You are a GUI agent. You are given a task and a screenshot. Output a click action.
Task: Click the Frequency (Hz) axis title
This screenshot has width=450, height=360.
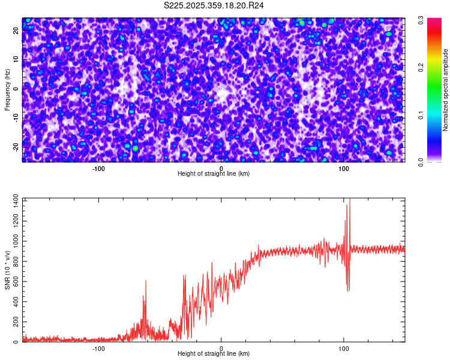click(7, 89)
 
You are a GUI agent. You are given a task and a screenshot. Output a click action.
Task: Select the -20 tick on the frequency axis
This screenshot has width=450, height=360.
click(16, 147)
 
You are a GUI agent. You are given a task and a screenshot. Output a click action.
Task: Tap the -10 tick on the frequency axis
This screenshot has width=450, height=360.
click(16, 118)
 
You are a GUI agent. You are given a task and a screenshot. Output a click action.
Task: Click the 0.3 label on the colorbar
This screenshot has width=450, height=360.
click(421, 20)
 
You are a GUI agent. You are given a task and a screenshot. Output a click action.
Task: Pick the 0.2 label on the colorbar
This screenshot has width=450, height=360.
click(421, 67)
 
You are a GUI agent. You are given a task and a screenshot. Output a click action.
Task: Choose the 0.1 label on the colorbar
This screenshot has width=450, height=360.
click(421, 114)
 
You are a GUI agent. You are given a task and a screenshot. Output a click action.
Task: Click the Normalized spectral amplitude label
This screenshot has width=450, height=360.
click(446, 89)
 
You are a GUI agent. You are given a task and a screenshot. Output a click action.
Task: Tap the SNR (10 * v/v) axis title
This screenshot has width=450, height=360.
click(7, 270)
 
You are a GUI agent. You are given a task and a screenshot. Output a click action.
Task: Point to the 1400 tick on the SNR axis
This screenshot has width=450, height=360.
click(12, 199)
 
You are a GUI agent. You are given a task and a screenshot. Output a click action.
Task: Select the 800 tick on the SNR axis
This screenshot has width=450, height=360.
click(14, 260)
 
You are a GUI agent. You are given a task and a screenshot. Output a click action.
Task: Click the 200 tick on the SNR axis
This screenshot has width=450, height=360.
click(14, 322)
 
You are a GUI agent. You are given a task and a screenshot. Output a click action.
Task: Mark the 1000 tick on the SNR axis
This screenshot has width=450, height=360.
click(12, 240)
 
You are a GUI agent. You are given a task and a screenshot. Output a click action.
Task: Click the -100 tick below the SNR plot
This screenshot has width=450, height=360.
click(98, 349)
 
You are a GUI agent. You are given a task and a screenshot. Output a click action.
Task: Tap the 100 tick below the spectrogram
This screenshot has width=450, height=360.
click(344, 169)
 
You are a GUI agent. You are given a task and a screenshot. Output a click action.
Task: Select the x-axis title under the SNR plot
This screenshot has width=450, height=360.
click(214, 354)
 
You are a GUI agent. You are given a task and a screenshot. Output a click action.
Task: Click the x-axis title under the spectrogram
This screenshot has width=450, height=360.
click(214, 174)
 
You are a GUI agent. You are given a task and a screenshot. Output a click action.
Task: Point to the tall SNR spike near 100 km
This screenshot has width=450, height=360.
click(349, 200)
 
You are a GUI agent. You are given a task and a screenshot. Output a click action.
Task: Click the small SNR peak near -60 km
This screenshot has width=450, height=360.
click(145, 281)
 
